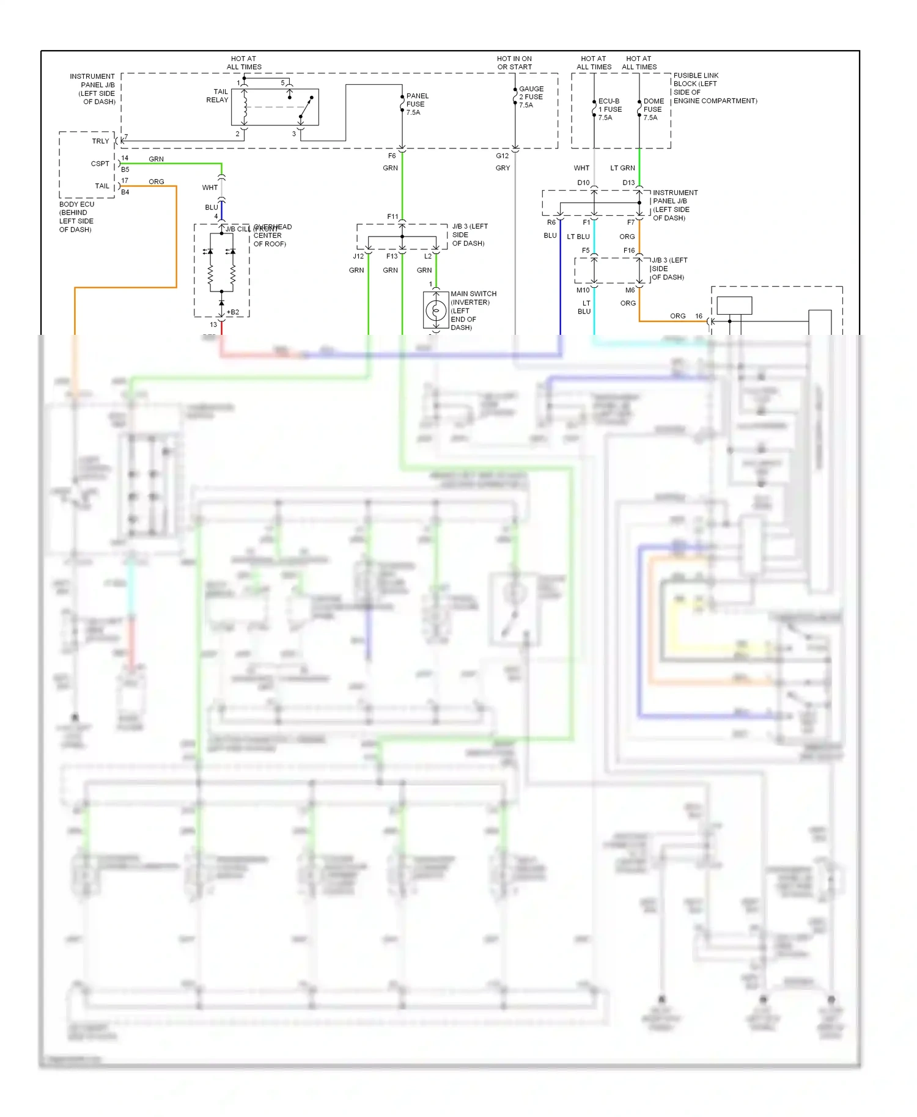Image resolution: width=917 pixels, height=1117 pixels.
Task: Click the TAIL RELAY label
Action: pos(217,96)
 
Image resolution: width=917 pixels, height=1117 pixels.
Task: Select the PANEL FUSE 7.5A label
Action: pos(417,104)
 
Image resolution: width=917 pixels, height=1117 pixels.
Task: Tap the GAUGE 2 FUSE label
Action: pos(531,97)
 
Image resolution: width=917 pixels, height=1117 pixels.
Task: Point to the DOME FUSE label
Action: pos(653,109)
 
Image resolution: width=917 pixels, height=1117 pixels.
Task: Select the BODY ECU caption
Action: pos(76,217)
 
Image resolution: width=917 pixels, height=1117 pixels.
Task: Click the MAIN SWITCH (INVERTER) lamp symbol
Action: pos(436,311)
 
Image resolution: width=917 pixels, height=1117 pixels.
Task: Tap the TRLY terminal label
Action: pos(100,141)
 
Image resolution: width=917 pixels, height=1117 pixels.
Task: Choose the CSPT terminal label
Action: pos(100,164)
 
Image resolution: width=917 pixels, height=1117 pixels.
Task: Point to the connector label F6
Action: pos(392,156)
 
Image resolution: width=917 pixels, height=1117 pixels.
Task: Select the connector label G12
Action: pos(502,156)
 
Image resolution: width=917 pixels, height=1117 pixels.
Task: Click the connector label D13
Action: pos(628,183)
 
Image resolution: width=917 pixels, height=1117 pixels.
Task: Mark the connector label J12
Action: pos(358,256)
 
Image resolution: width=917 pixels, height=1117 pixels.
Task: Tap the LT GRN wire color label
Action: pos(622,168)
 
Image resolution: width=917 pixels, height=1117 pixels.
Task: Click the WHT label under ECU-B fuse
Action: pos(581,168)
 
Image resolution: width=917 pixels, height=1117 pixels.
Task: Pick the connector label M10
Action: pos(583,290)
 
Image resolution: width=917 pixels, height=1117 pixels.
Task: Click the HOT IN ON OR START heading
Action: pos(514,63)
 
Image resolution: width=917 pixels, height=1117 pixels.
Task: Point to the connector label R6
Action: pos(551,222)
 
